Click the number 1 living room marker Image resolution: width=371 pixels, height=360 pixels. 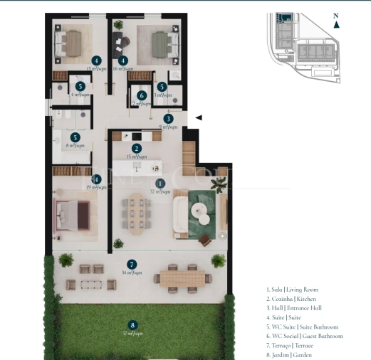point(160,184)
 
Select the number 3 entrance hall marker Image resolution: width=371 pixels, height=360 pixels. point(168,119)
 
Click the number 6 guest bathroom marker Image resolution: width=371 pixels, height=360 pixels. point(142,95)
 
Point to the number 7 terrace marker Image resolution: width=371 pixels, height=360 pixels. point(132,264)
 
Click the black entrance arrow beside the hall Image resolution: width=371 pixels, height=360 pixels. point(199,117)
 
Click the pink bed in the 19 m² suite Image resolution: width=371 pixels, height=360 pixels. point(72,211)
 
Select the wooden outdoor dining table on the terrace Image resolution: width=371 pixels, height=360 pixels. point(178,277)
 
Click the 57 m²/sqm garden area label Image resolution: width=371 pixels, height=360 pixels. point(132,333)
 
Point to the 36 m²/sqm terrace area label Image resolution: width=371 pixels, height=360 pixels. point(132,272)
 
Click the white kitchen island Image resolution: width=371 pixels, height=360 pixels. point(138,167)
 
